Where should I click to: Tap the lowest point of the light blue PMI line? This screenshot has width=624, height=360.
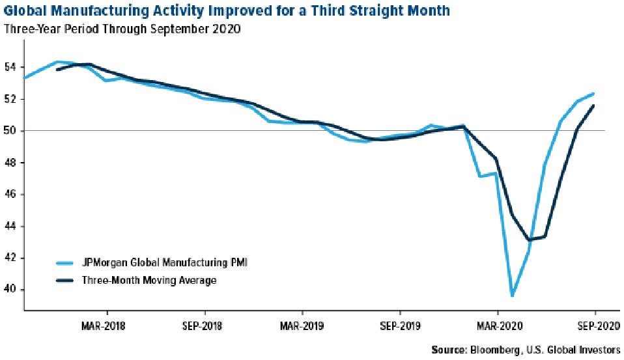pos(512,296)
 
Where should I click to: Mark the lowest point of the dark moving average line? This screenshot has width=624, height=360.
pos(529,240)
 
